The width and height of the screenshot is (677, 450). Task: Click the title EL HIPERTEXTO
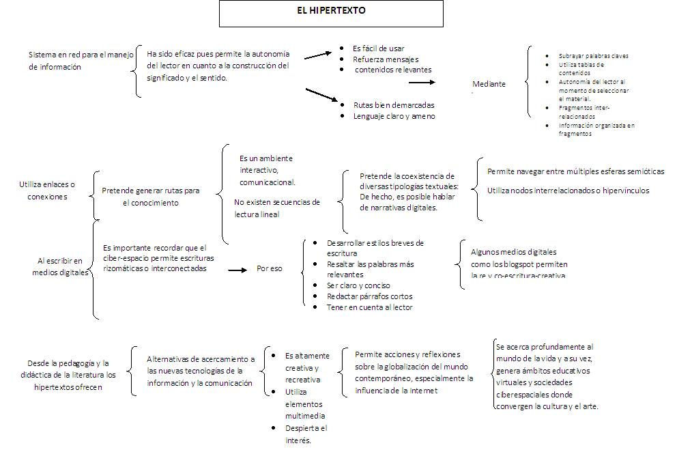click(331, 11)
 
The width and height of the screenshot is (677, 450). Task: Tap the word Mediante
click(489, 84)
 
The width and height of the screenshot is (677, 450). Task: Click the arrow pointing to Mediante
click(422, 82)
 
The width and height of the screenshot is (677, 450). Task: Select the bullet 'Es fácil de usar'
click(378, 48)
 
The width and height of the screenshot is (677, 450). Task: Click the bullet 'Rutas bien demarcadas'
click(393, 105)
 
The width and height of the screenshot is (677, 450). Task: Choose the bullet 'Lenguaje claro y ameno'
click(394, 116)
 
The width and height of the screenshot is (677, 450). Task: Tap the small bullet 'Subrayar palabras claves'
click(593, 56)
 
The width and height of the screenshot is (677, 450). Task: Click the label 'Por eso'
click(270, 268)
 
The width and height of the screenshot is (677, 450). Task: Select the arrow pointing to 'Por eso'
click(236, 269)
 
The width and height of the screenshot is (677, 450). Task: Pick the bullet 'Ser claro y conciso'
click(358, 285)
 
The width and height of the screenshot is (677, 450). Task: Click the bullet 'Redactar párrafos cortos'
click(369, 296)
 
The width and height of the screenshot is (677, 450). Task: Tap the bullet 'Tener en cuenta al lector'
click(369, 307)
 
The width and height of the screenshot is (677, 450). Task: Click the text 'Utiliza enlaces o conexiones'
click(47, 191)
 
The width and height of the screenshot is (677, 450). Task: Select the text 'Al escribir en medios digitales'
click(60, 266)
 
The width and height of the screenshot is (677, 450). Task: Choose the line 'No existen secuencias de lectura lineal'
click(276, 208)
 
